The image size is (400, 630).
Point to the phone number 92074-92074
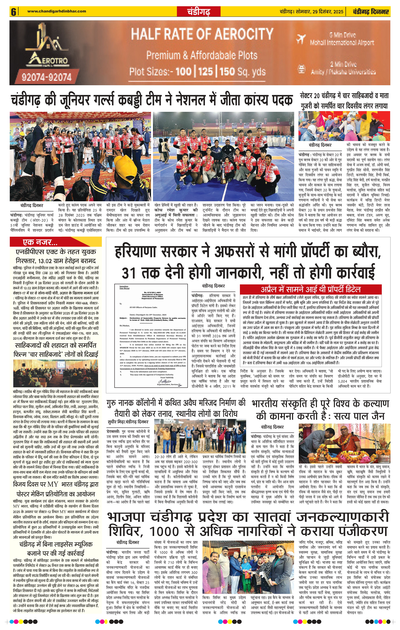click(47, 77)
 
